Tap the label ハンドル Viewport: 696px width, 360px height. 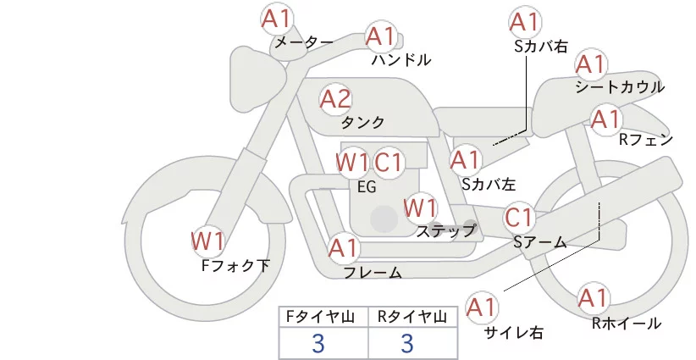click(x=401, y=60)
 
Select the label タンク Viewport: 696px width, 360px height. click(x=362, y=123)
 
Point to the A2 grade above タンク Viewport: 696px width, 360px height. click(x=335, y=99)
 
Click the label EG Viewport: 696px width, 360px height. click(x=367, y=187)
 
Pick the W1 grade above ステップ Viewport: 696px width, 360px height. click(x=420, y=207)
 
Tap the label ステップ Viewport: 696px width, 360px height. click(x=446, y=230)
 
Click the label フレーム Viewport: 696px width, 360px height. click(x=373, y=273)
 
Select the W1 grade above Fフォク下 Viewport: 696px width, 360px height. click(x=207, y=241)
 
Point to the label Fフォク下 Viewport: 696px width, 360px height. click(x=235, y=266)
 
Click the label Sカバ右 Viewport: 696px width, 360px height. click(x=541, y=47)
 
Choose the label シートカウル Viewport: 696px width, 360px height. click(x=620, y=87)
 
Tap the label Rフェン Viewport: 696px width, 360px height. click(x=645, y=140)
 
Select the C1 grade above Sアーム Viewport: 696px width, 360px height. click(x=518, y=217)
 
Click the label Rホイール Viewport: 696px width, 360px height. click(x=626, y=323)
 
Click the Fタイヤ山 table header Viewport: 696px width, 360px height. click(x=323, y=317)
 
